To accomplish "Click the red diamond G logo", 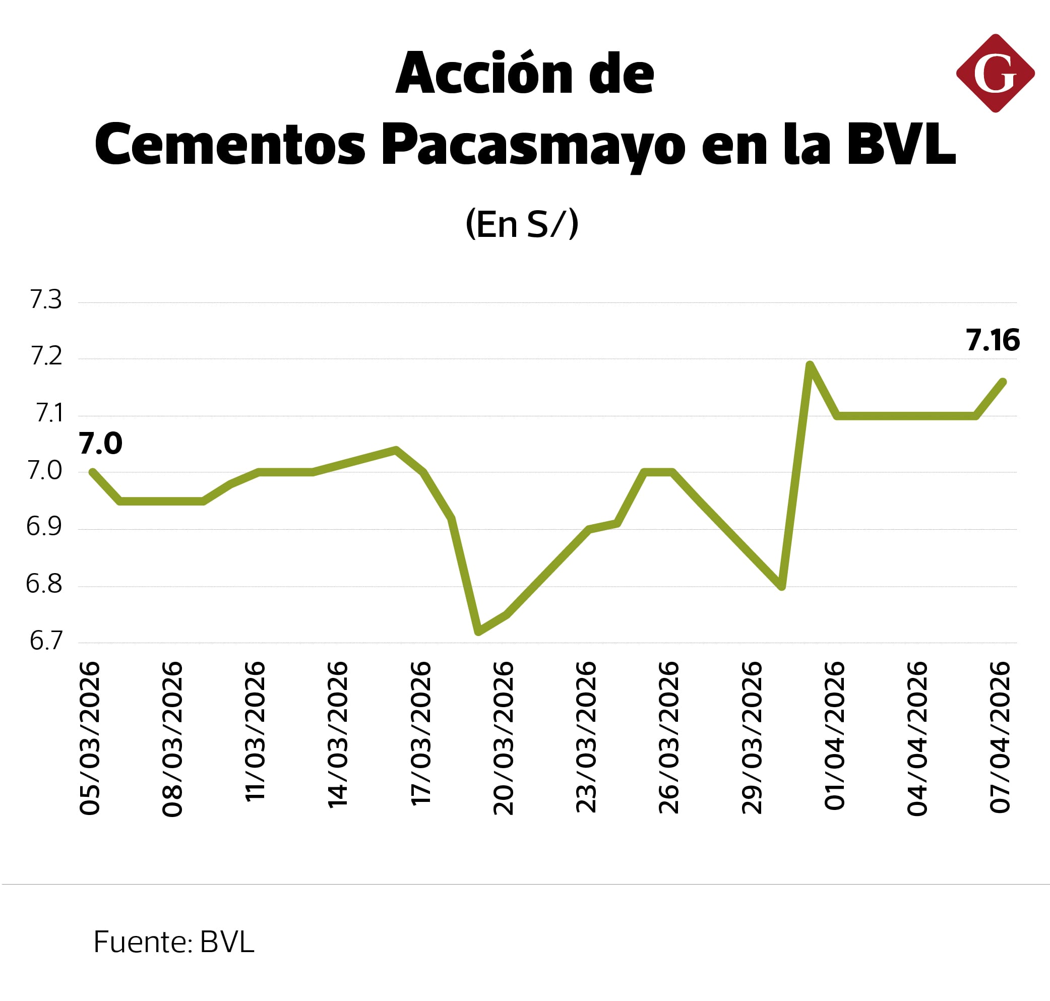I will click(x=995, y=74).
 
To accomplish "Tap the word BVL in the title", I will click(x=901, y=145).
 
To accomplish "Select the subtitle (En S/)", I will click(x=522, y=224).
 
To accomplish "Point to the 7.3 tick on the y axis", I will click(x=46, y=300).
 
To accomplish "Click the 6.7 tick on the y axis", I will click(x=46, y=641).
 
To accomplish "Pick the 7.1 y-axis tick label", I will click(x=48, y=413).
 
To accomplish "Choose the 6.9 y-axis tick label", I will click(x=44, y=527).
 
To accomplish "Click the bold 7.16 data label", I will click(x=993, y=340).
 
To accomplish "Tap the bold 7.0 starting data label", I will click(x=100, y=444).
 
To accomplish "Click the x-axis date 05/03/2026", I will click(x=90, y=738).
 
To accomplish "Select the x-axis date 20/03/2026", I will click(x=503, y=738).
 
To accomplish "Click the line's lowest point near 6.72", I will click(x=478, y=632).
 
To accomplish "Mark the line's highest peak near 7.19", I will click(x=810, y=365).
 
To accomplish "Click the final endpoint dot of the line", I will click(x=1003, y=382).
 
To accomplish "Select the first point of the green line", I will click(x=92, y=472).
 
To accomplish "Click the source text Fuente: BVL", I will click(x=173, y=942).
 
